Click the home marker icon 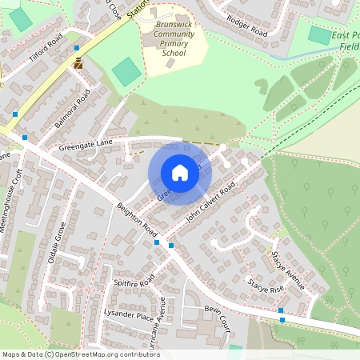[180, 173]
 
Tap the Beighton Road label [137, 218]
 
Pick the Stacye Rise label [266, 286]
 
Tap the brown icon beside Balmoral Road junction [78, 64]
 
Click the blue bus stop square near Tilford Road [76, 48]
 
